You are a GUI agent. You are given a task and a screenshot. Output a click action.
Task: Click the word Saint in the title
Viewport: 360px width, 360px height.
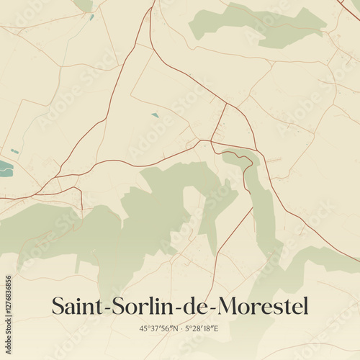76,305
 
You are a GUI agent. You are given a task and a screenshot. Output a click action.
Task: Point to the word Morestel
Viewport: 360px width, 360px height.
262,305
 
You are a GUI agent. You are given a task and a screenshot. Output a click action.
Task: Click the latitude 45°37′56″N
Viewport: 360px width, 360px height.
159,328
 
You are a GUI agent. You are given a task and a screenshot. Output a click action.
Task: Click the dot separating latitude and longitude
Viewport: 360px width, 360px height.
181,328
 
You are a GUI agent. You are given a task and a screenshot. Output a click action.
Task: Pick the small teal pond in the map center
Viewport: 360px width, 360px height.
155,114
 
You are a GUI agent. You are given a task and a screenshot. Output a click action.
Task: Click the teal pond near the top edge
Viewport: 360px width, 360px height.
91,17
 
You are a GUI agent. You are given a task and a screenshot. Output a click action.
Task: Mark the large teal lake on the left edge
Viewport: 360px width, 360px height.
5,169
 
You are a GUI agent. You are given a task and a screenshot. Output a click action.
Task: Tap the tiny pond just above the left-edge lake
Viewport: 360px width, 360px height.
14,151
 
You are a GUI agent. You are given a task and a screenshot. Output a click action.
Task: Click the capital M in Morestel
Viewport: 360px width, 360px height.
230,305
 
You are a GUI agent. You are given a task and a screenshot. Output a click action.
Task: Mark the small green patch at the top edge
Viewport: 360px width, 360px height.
84,5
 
